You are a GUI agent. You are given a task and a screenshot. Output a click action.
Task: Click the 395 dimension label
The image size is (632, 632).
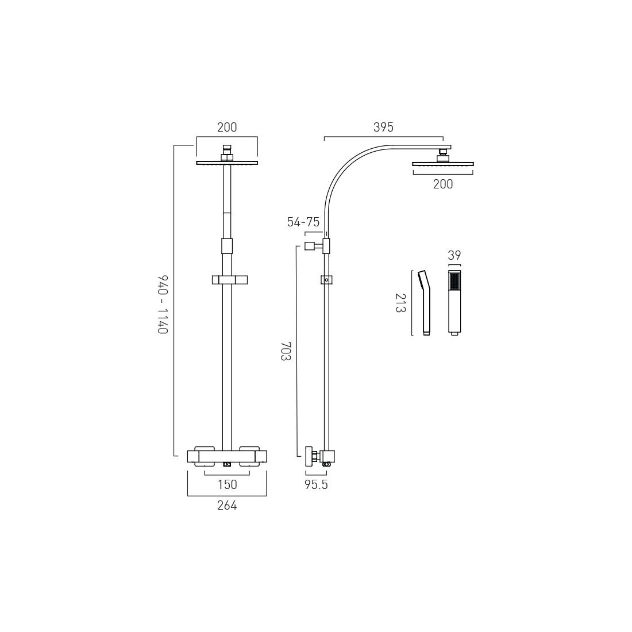[383, 128]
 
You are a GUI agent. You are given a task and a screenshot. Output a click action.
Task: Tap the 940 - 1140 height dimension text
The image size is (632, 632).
[163, 305]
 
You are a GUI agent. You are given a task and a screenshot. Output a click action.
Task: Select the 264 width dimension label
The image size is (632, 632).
[227, 505]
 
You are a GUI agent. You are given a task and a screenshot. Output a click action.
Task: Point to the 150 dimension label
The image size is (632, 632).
[228, 484]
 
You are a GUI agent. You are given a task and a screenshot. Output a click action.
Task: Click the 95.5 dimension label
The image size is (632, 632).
[316, 484]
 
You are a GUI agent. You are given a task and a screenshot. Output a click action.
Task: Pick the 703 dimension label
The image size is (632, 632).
[286, 351]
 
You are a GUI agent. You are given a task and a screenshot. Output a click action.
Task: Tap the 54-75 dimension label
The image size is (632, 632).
[303, 222]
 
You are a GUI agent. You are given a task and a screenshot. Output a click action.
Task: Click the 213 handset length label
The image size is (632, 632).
[400, 303]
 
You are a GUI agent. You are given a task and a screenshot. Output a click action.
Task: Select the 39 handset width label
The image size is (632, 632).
[454, 255]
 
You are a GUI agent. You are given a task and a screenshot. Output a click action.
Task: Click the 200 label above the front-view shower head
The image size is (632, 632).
[227, 128]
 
